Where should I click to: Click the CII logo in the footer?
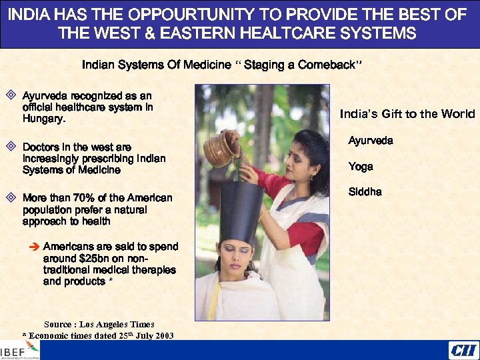(461, 351)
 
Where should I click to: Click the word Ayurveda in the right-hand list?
(371, 141)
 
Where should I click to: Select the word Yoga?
(361, 167)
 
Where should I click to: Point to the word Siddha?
(365, 192)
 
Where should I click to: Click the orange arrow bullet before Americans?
(35, 247)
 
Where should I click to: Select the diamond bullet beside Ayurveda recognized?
(10, 95)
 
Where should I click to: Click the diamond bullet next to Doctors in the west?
(10, 145)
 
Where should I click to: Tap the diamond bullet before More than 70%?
(10, 197)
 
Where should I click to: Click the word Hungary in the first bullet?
(43, 120)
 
